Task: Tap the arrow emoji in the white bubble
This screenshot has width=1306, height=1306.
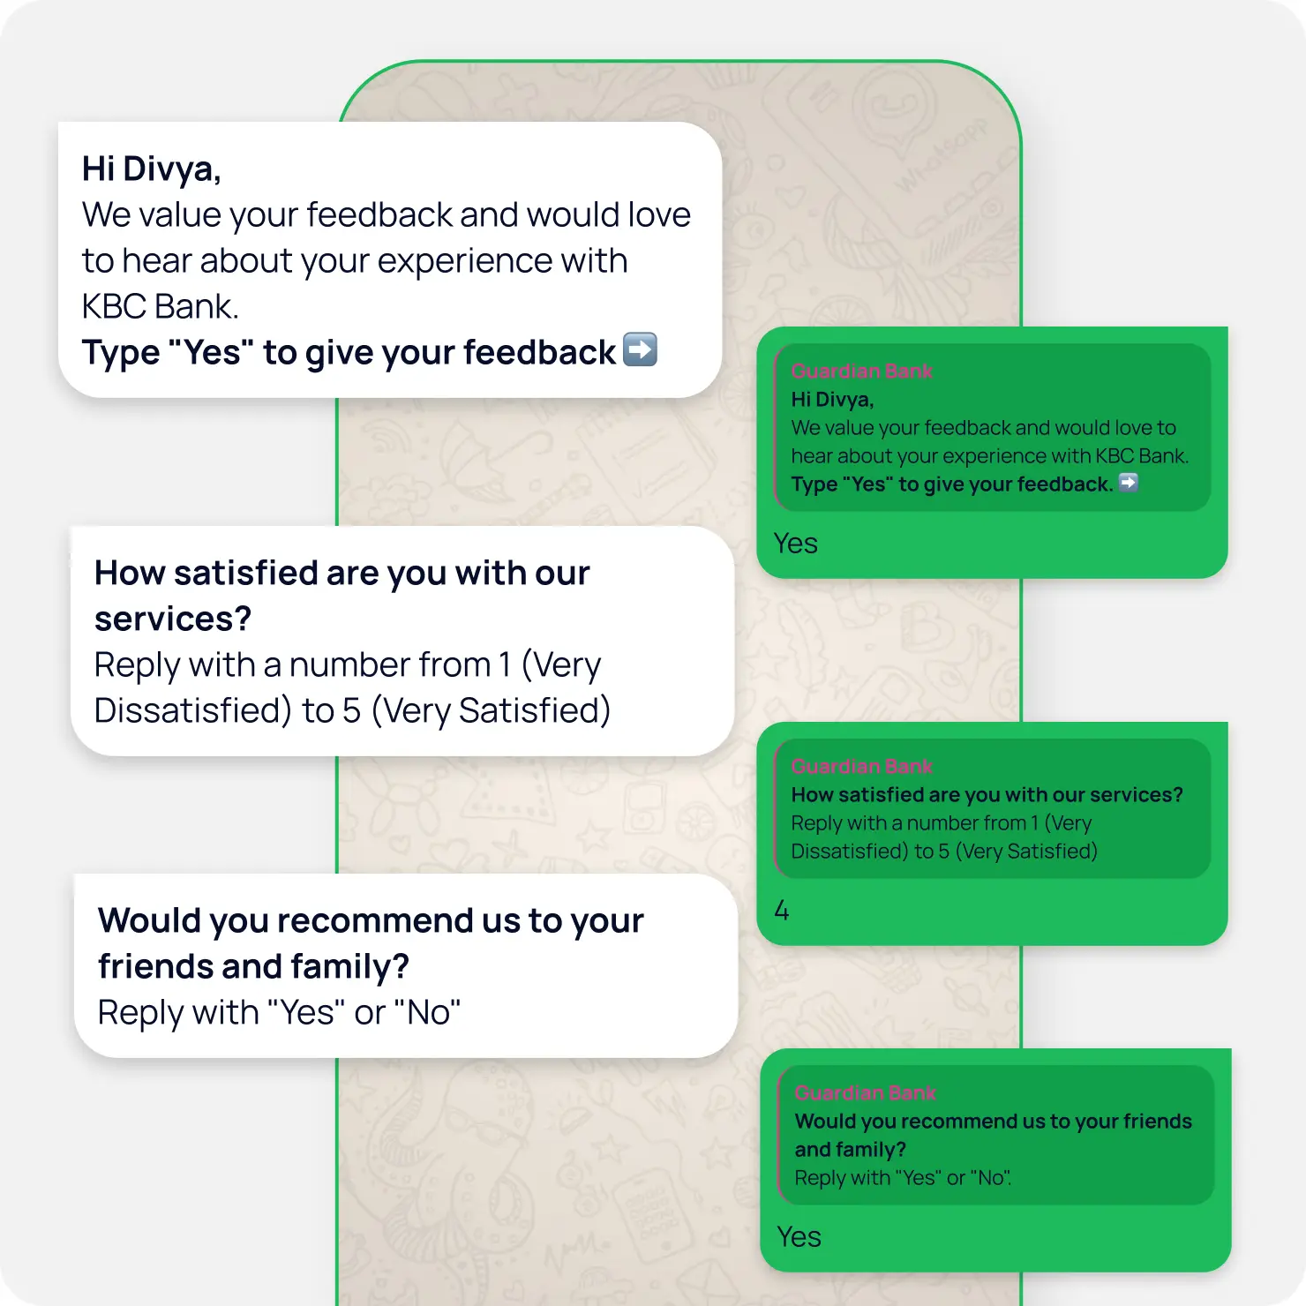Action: [x=640, y=349]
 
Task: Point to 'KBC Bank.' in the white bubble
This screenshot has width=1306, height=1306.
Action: [x=160, y=306]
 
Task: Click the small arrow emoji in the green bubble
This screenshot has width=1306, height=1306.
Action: [x=1128, y=483]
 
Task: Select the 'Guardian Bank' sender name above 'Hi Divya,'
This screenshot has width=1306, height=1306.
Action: [x=861, y=372]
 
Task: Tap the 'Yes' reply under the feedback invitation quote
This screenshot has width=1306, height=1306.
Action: [x=795, y=544]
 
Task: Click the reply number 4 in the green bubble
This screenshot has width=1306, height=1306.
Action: [x=782, y=911]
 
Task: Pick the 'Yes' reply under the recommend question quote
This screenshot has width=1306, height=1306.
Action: [x=799, y=1237]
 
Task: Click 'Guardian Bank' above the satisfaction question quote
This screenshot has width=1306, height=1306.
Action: [x=861, y=767]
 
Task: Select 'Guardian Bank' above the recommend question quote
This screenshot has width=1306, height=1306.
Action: [x=865, y=1093]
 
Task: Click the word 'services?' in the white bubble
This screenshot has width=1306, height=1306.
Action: [x=173, y=619]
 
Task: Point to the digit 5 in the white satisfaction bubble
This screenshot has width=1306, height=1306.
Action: [x=352, y=710]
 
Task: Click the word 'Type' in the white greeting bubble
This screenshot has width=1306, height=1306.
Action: [x=121, y=353]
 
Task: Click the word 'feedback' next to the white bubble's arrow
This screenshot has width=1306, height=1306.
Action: [x=539, y=353]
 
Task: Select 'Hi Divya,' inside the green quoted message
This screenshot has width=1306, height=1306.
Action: [x=832, y=400]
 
